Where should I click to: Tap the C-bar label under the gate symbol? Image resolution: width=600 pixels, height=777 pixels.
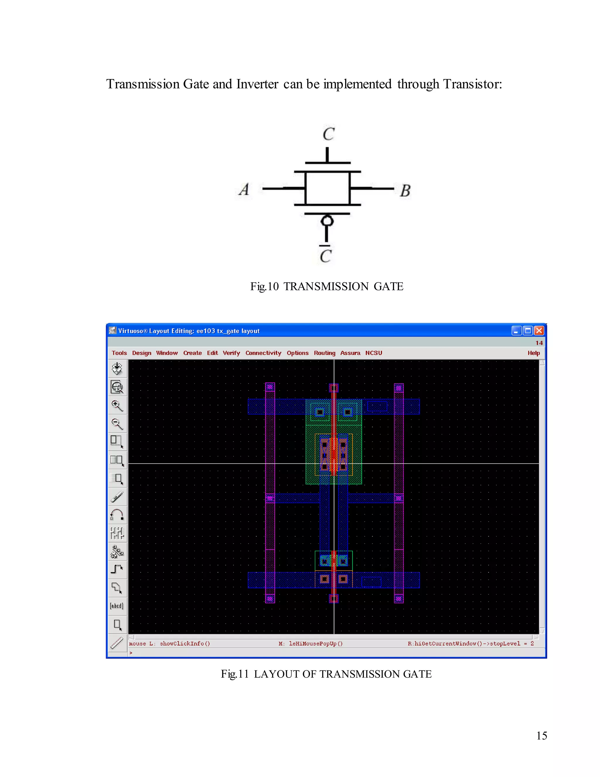click(x=325, y=255)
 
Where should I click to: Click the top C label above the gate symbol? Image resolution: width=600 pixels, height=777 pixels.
click(x=328, y=134)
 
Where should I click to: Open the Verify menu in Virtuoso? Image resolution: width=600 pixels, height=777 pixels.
click(x=231, y=353)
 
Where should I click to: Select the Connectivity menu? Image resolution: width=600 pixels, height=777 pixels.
click(x=263, y=353)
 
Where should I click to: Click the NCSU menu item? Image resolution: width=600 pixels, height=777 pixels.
click(x=374, y=353)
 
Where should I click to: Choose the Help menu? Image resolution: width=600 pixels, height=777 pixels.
click(x=533, y=353)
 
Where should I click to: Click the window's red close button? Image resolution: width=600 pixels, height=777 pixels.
click(x=539, y=330)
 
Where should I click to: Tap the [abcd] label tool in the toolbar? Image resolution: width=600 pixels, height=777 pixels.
click(x=117, y=605)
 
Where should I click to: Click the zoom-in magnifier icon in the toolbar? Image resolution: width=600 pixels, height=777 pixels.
click(x=117, y=406)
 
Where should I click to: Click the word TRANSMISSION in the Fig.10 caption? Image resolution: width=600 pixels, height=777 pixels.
click(x=326, y=286)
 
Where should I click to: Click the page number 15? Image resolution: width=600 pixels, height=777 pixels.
click(x=541, y=735)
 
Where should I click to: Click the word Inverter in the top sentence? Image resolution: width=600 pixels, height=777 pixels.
click(x=257, y=84)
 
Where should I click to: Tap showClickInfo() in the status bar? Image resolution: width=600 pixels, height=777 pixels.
click(x=185, y=644)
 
